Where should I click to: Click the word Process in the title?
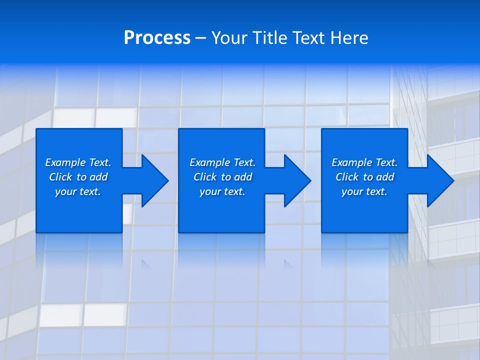pyautogui.click(x=157, y=38)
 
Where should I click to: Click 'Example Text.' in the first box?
pyautogui.click(x=78, y=162)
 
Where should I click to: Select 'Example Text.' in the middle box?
pyautogui.click(x=222, y=162)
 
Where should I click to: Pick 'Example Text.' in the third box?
pyautogui.click(x=364, y=162)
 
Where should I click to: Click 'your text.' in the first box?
pyautogui.click(x=78, y=191)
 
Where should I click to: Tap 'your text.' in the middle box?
pyautogui.click(x=222, y=191)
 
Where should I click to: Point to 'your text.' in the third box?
pyautogui.click(x=364, y=191)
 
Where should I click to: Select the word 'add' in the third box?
pyautogui.click(x=385, y=177)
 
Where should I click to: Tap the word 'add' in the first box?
pyautogui.click(x=98, y=177)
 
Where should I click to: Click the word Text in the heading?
pyautogui.click(x=305, y=38)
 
